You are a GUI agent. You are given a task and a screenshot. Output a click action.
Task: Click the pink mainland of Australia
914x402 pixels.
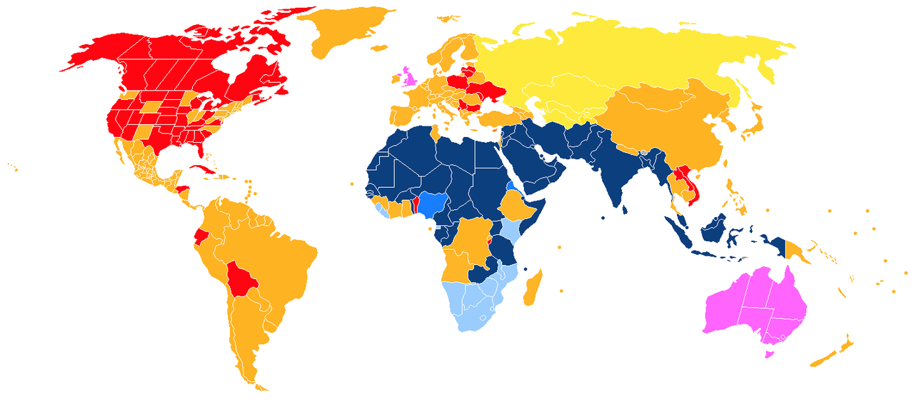click(x=750, y=303)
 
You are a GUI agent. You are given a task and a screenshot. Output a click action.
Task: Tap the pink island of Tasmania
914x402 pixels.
click(x=769, y=352)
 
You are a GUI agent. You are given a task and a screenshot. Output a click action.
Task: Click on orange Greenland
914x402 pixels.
click(x=343, y=29)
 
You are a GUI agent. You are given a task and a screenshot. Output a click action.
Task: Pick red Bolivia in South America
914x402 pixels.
click(x=241, y=279)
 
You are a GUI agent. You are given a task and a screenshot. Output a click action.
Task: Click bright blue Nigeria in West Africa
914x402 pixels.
click(x=432, y=204)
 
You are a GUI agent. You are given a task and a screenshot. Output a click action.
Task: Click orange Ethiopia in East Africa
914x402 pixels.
click(x=519, y=206)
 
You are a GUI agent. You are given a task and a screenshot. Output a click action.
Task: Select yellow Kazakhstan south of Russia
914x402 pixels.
click(x=564, y=93)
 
